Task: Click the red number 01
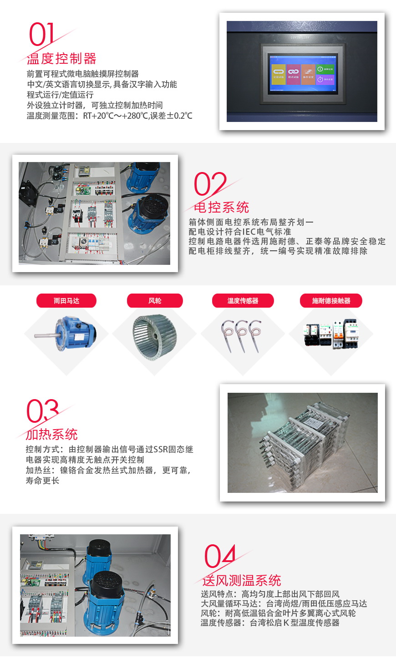tap(41, 35)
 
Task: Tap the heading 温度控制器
tap(61, 59)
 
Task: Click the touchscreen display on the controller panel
tap(302, 74)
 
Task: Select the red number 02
tap(210, 184)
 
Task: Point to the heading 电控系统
tap(221, 208)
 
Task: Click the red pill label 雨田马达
tap(66, 301)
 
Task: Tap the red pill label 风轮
tap(155, 301)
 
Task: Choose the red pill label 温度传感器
tap(243, 301)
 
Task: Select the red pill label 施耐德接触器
tap(331, 301)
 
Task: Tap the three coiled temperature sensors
tap(242, 335)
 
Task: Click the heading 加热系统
tap(52, 434)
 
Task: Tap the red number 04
tap(220, 556)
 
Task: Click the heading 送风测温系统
tap(241, 580)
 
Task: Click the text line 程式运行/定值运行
tap(60, 95)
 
